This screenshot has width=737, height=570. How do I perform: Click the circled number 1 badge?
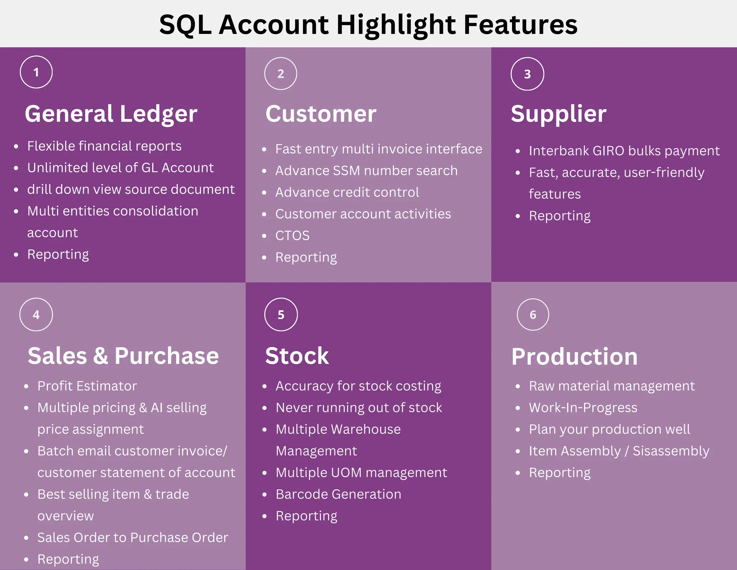(36, 72)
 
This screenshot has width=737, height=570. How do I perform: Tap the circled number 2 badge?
(281, 74)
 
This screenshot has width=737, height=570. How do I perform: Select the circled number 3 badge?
(527, 74)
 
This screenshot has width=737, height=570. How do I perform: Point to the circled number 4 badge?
(36, 315)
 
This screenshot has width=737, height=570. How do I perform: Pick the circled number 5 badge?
(281, 315)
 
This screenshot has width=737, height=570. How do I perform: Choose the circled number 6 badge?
(533, 315)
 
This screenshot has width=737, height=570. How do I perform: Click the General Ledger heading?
(111, 114)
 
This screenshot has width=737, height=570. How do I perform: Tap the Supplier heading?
(559, 114)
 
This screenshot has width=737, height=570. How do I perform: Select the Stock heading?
(297, 356)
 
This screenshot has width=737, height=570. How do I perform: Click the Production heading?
(574, 356)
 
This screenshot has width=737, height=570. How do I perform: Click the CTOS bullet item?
(292, 235)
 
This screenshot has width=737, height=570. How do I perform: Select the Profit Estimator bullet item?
(87, 386)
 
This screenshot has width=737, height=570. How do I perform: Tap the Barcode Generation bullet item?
(338, 494)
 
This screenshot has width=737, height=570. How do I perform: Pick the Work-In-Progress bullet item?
(583, 408)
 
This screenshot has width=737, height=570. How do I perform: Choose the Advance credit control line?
(347, 192)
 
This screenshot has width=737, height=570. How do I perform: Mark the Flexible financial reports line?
(104, 146)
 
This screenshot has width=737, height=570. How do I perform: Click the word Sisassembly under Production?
(671, 451)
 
